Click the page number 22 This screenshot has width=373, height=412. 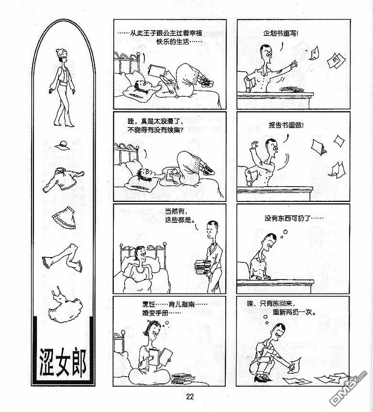click(190, 397)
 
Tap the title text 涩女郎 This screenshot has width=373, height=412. click(63, 362)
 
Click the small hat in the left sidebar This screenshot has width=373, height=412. click(62, 145)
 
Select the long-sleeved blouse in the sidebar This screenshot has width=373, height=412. click(63, 180)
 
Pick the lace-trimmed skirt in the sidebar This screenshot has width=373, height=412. click(64, 218)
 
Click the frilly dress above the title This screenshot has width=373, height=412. click(65, 305)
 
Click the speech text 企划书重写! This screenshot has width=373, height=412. click(281, 33)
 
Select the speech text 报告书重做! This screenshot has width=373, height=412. click(286, 125)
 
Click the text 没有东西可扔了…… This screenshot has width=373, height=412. click(294, 218)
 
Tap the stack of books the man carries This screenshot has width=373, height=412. click(203, 267)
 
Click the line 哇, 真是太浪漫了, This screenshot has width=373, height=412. click(155, 122)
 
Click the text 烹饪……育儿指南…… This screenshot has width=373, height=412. click(175, 304)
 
